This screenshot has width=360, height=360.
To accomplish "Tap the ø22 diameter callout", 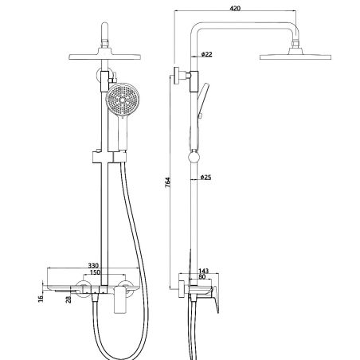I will pos(206,54).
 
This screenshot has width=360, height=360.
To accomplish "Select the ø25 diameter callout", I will pos(205,177).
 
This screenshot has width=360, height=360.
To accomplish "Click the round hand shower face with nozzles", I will pos(119,105).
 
